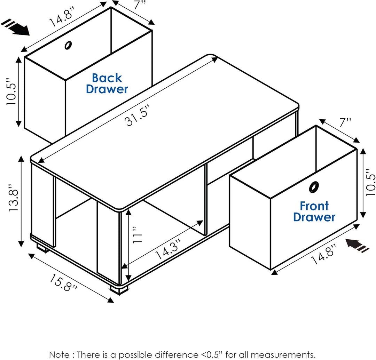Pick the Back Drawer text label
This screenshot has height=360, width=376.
tap(107, 83)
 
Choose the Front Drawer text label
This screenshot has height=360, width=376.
tap(314, 211)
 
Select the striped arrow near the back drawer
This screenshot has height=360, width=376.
tap(16, 27)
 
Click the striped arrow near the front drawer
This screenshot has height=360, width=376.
tap(357, 246)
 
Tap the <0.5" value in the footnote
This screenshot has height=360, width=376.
tap(213, 354)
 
